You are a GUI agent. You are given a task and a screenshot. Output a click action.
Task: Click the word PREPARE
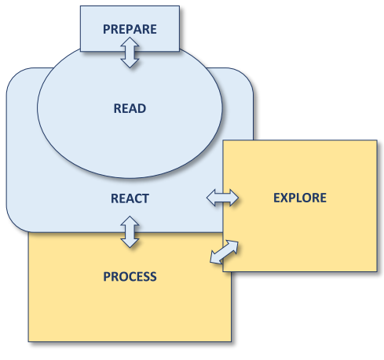click(x=130, y=29)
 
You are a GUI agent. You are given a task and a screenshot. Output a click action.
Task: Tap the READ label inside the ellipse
click(x=130, y=108)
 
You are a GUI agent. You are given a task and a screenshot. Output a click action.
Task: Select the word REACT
click(x=130, y=198)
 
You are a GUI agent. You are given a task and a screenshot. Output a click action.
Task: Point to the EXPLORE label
click(x=300, y=198)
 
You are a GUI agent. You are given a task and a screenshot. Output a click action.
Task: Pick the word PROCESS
click(x=130, y=277)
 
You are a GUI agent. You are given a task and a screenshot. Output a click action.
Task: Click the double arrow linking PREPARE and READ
click(x=130, y=53)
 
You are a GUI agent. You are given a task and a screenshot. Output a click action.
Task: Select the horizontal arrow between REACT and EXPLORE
click(x=222, y=198)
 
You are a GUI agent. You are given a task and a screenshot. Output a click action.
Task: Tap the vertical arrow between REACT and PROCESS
click(x=130, y=232)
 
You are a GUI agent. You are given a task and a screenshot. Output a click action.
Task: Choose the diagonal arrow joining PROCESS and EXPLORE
click(x=225, y=252)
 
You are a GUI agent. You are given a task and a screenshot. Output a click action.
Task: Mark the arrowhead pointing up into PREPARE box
click(x=130, y=42)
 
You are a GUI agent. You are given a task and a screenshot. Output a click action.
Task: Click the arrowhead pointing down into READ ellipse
click(x=130, y=64)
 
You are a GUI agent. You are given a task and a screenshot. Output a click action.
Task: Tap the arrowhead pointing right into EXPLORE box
click(x=234, y=198)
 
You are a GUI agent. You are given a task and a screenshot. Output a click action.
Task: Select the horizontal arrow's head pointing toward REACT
click(x=211, y=198)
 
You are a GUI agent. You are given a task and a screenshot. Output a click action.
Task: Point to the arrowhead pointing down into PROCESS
click(x=130, y=243)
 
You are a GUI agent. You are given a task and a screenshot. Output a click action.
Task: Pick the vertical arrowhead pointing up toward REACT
click(x=130, y=221)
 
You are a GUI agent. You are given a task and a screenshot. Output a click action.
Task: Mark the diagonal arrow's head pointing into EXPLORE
click(x=233, y=246)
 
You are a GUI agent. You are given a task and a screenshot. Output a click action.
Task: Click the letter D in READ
click(x=141, y=108)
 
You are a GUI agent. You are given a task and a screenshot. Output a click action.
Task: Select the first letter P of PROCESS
click(x=107, y=277)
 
